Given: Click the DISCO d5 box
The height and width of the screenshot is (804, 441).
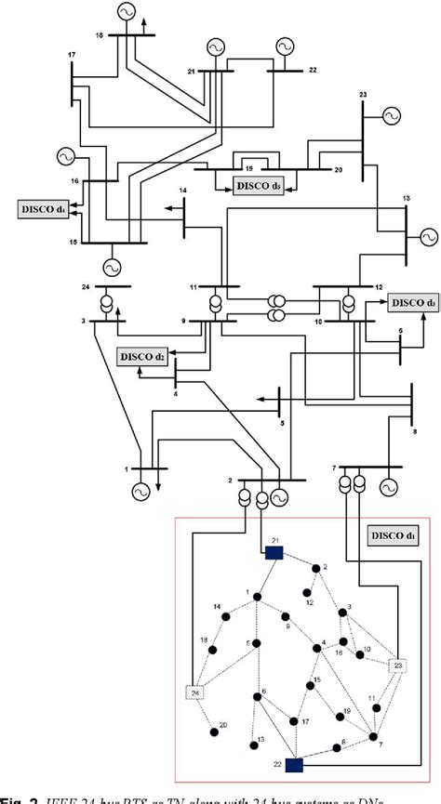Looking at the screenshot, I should tap(260, 186).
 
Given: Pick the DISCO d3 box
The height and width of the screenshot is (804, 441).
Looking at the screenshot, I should tap(412, 302).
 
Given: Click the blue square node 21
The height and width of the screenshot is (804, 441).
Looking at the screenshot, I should tap(274, 552).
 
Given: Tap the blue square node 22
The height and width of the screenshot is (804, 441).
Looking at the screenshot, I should tap(295, 764).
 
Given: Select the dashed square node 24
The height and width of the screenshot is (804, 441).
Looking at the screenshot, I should tap(196, 692).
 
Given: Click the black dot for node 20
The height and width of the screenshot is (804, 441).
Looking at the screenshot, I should tap(214, 732).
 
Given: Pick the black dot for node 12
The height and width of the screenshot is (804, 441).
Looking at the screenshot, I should tap(306, 591).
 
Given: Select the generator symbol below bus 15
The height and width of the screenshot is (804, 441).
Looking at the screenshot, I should tap(112, 267).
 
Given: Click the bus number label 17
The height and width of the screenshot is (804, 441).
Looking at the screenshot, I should tap(72, 57).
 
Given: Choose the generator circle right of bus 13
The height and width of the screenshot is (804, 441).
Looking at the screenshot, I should tap(427, 236).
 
